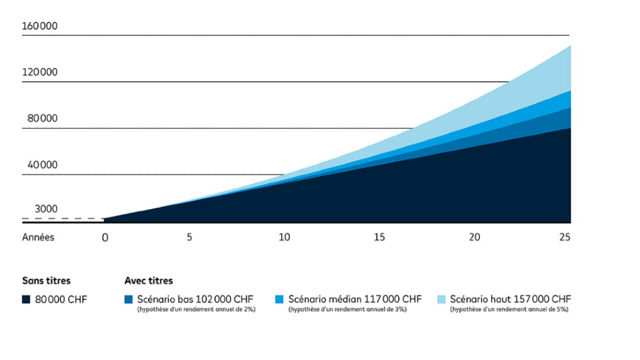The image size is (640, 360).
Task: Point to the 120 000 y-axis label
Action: click(40, 72)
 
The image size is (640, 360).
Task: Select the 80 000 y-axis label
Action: click(42, 119)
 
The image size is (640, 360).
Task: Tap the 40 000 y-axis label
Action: click(42, 165)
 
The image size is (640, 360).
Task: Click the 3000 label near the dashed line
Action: click(46, 209)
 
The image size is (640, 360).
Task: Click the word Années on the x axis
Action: click(38, 237)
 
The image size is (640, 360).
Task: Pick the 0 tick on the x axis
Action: click(105, 237)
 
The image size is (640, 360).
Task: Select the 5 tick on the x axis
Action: click(189, 237)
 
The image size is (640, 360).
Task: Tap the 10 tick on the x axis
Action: click(284, 237)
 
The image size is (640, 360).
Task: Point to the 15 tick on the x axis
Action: click(379, 237)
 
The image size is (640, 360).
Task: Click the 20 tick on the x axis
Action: click(475, 237)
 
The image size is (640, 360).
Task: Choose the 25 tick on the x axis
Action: click(565, 237)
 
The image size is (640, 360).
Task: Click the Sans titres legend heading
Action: click(46, 281)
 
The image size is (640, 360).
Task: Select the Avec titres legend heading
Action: click(149, 281)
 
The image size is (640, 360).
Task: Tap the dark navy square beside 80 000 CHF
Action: click(26, 299)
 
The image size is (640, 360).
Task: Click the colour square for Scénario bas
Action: click(129, 299)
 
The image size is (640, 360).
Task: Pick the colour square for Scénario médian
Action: click(279, 299)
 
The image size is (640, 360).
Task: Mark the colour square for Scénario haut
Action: click(441, 299)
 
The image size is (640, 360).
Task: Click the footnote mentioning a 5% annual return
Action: click(509, 309)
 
